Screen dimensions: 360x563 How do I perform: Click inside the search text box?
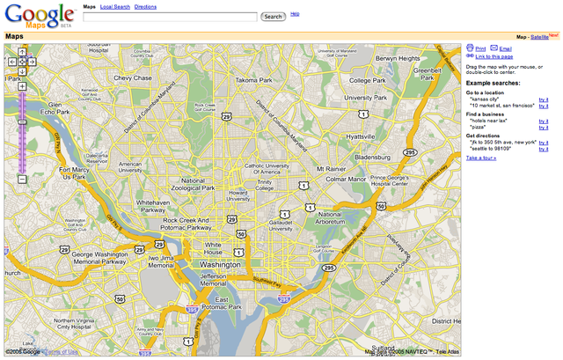(171, 17)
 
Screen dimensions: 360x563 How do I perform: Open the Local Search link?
(115, 6)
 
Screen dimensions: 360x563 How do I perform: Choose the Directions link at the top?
(145, 6)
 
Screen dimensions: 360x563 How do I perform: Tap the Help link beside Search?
(295, 14)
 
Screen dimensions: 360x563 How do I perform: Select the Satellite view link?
(538, 37)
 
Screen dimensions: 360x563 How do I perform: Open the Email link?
(505, 48)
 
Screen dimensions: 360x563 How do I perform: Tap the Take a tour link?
(480, 158)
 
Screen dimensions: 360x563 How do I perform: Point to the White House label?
(219, 247)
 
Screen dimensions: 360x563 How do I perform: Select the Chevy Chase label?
(133, 78)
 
